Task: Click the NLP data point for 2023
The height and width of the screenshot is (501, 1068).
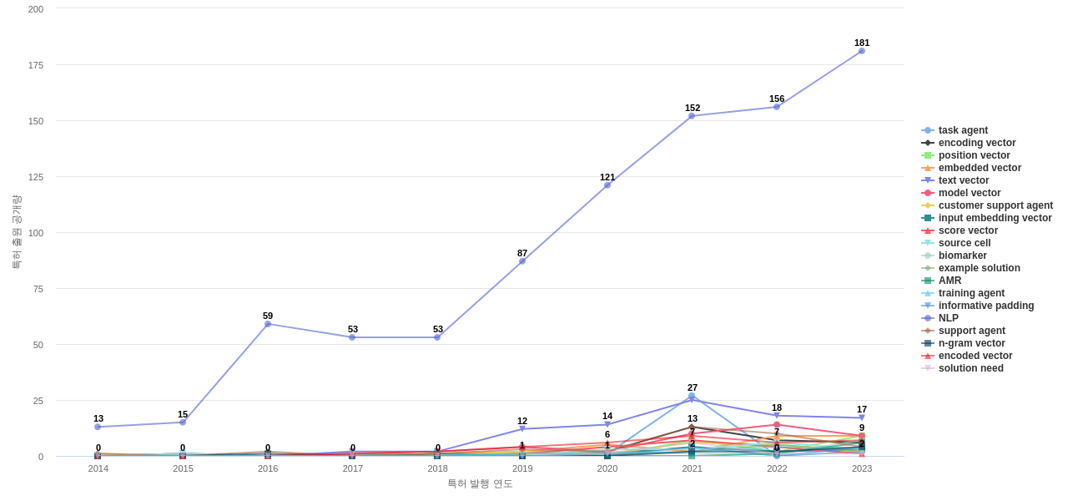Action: click(862, 51)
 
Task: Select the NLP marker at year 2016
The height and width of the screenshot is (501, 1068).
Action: click(268, 324)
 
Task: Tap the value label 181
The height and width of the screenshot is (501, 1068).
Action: click(862, 43)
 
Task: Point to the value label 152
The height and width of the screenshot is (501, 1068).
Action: click(693, 108)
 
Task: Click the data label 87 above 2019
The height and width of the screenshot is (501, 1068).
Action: click(522, 253)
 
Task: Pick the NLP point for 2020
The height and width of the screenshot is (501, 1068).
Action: click(607, 185)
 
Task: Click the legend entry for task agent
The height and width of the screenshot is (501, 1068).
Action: click(963, 130)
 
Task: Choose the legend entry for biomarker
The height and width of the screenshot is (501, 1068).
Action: click(962, 256)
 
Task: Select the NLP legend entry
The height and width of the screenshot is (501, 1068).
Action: click(948, 318)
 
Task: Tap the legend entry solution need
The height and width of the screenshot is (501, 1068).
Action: click(970, 368)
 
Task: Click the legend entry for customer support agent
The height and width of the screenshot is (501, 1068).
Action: click(995, 205)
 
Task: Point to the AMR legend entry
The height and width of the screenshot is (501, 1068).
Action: click(950, 281)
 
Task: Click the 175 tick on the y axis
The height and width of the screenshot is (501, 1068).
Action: click(36, 65)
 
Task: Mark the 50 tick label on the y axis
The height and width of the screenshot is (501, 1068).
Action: click(38, 345)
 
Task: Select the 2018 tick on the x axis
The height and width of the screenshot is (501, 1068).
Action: click(437, 468)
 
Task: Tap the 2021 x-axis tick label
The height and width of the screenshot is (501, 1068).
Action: click(693, 468)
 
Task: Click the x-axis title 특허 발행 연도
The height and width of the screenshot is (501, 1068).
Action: click(480, 483)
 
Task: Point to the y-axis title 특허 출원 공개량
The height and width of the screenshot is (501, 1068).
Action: click(16, 232)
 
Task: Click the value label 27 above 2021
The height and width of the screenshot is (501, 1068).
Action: click(693, 387)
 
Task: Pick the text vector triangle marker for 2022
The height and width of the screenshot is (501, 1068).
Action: click(777, 416)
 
